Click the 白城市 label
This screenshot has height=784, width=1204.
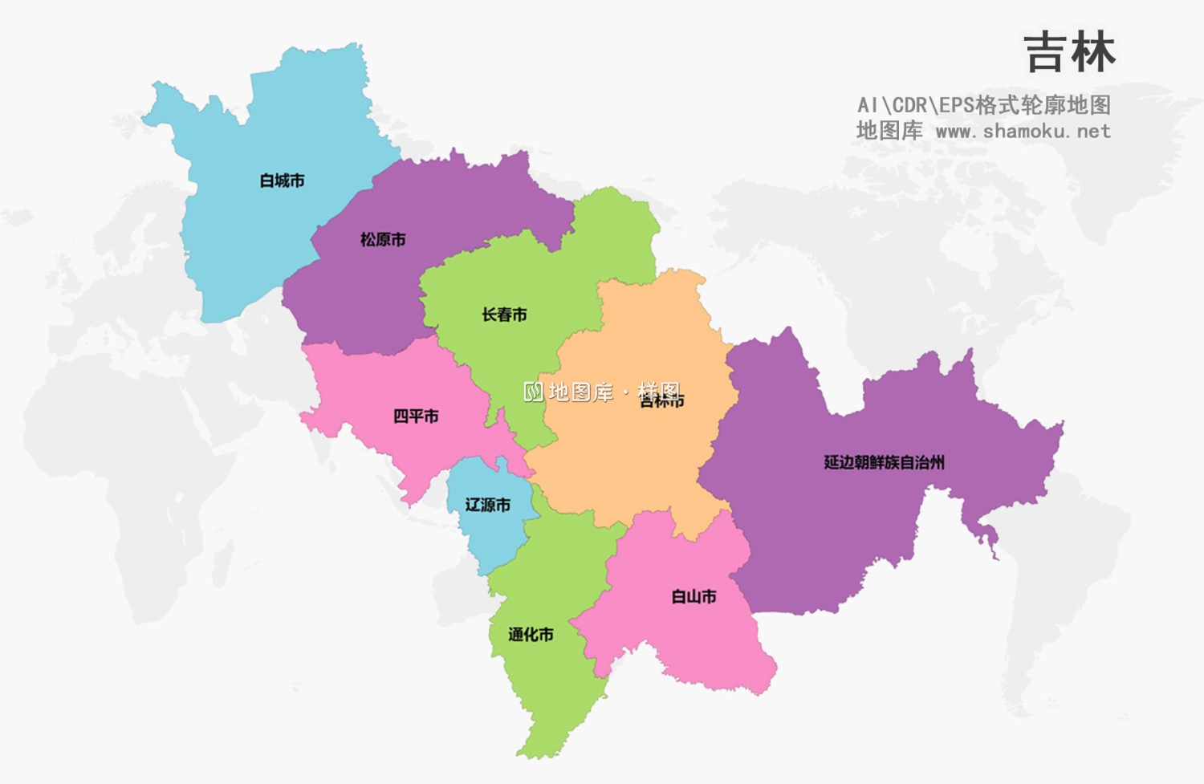282,181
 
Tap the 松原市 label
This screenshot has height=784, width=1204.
383,239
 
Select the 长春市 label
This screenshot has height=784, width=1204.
504,315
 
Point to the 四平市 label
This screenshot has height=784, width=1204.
416,416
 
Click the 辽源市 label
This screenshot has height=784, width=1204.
488,505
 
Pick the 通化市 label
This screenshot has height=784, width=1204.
531,635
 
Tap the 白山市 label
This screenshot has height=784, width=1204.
694,596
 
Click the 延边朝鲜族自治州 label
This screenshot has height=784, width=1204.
884,462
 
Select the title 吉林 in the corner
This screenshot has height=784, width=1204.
1070,53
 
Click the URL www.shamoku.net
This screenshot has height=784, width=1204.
1023,131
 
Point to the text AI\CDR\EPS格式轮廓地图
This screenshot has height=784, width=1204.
983,105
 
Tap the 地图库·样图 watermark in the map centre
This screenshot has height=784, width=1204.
602,392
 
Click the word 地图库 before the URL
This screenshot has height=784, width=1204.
889,131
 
